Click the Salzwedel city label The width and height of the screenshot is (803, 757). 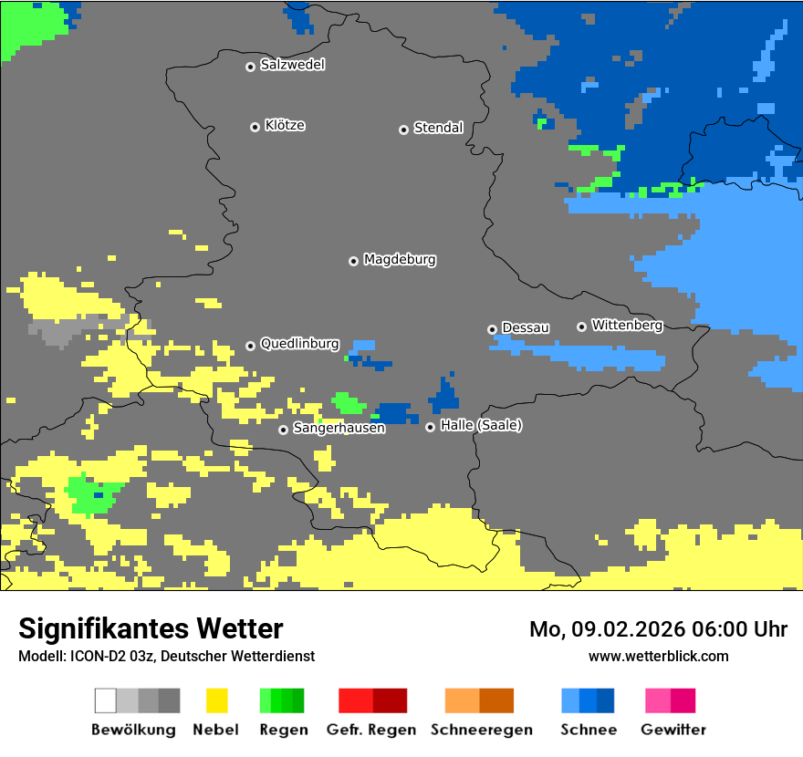pos(292,65)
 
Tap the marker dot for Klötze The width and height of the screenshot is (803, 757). pos(255,127)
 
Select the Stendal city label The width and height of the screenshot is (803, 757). pos(438,128)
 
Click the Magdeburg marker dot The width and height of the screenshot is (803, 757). pos(353,261)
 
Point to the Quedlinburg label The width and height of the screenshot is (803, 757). pos(299,344)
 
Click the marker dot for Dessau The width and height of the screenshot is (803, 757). pos(492,329)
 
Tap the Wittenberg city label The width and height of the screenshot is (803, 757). pos(627,325)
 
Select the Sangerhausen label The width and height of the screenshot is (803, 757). pos(339,427)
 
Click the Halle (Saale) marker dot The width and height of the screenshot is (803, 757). pos(430,427)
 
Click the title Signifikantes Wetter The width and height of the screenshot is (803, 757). pos(151,628)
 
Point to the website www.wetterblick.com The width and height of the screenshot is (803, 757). pos(658,656)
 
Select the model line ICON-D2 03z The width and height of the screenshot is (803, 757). pos(166,656)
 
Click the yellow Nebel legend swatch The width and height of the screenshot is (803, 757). pos(216,700)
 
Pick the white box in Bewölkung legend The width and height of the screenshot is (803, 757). pos(105,700)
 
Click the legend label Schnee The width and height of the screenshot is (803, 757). pos(589,730)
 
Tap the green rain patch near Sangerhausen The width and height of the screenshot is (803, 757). pos(348,402)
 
